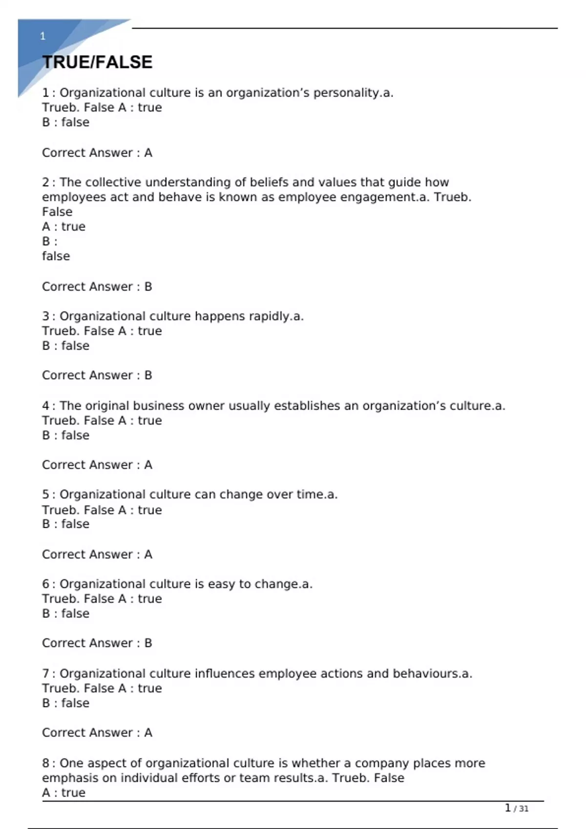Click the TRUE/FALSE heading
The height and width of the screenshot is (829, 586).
[97, 62]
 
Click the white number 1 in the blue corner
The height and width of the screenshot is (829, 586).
[43, 36]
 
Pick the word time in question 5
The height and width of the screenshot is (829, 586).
[311, 494]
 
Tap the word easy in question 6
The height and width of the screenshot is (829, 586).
[221, 584]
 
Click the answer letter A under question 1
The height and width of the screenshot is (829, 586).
[148, 153]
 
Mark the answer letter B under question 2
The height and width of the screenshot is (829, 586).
[148, 287]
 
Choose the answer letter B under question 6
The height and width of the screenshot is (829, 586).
[148, 643]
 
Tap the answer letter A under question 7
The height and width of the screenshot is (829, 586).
[148, 732]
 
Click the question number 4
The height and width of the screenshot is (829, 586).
[45, 406]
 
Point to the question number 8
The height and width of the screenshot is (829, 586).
[45, 763]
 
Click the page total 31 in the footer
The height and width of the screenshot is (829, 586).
[523, 809]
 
